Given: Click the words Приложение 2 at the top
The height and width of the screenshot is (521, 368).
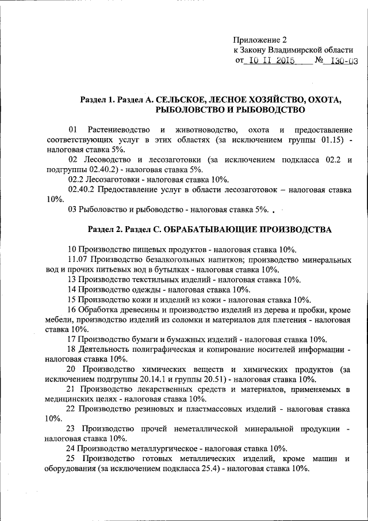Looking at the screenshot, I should (x=260, y=40).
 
